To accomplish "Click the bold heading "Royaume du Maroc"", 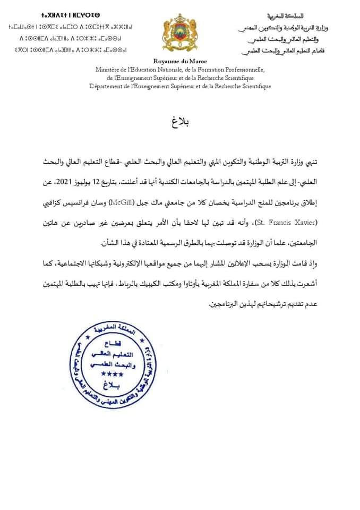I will [x=180, y=62].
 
